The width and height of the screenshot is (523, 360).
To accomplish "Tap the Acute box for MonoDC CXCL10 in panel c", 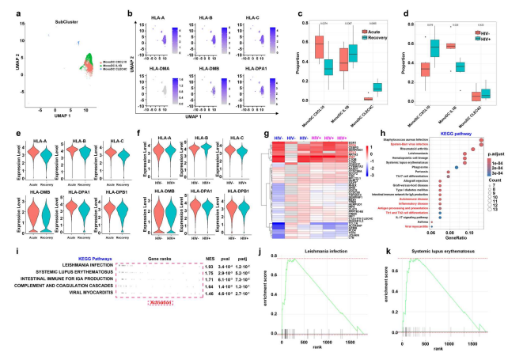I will [x=320, y=47].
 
